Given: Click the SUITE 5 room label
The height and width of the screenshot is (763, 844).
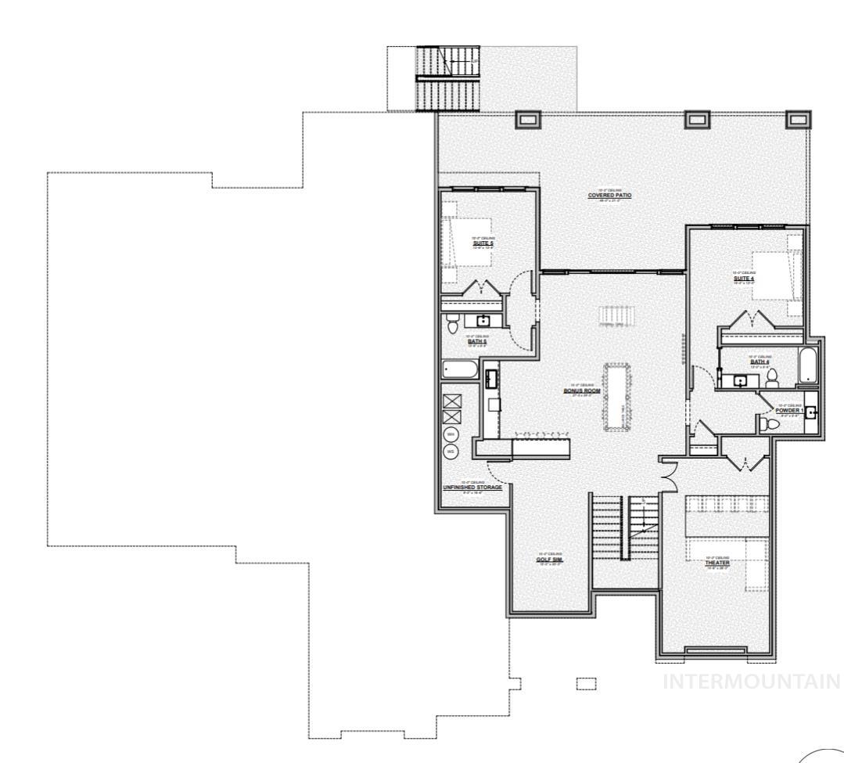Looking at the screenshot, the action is point(483,243).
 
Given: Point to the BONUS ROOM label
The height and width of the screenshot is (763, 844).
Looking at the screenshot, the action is point(582,390).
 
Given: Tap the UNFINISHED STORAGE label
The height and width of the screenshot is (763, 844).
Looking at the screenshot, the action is point(472,487).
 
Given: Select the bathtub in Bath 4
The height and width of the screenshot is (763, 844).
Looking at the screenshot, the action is point(808,366).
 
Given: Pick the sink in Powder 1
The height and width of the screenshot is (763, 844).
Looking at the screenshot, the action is point(811,413).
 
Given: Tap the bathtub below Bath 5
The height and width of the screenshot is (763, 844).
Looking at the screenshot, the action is point(458,369).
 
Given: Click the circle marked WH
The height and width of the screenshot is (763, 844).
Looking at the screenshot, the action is point(451,434).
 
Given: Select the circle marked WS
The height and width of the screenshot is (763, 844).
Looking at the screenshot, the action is point(451,452).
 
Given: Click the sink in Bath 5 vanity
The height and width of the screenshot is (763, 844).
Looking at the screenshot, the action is point(483,320).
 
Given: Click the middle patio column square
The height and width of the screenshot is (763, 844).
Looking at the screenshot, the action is point(697,119).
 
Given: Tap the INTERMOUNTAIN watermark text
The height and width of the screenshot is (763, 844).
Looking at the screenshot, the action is point(752,682).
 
